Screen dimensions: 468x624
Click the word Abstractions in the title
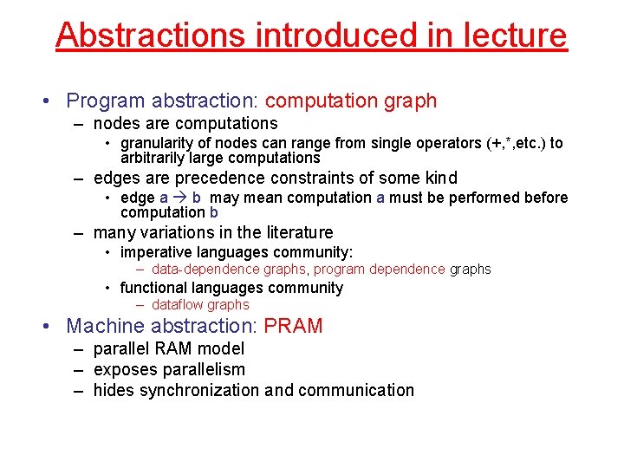[152, 35]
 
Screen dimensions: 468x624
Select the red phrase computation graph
[351, 101]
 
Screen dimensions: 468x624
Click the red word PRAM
[293, 326]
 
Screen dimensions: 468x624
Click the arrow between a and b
[180, 198]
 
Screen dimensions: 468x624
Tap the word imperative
[157, 252]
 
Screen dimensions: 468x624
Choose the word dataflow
[178, 305]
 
